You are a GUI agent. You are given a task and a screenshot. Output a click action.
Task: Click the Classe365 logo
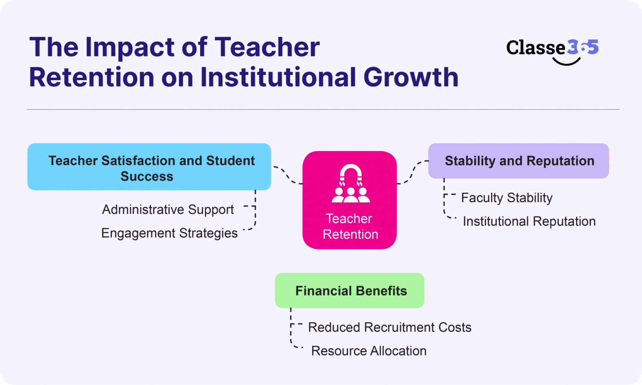[x=552, y=48]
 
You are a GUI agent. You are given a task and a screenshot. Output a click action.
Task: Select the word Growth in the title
[x=411, y=77]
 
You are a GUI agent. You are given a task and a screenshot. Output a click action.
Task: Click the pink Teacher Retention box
[x=349, y=200]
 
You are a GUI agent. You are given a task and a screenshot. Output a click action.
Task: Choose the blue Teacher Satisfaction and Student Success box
[x=149, y=167]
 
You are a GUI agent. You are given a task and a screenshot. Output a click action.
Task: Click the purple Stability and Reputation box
[x=518, y=161]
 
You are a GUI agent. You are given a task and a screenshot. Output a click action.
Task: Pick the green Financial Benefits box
[x=349, y=291]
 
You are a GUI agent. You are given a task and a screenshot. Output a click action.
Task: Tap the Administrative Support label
[x=168, y=209]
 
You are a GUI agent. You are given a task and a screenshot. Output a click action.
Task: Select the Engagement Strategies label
[x=169, y=233]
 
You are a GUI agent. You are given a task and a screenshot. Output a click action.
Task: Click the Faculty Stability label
[x=507, y=198]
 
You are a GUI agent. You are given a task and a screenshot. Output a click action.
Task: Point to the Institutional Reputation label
[x=529, y=221]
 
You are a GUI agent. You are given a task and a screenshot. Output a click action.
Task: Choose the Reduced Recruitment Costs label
[x=390, y=327]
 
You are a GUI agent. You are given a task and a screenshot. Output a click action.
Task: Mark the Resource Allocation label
[x=369, y=351]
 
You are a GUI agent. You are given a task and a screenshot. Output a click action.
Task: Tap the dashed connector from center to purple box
[x=412, y=172]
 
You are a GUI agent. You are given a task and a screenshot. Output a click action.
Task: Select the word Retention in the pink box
[x=350, y=234]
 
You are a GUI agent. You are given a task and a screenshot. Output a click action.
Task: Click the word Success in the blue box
[x=147, y=176]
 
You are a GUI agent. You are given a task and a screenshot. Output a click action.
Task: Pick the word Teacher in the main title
[x=267, y=47]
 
